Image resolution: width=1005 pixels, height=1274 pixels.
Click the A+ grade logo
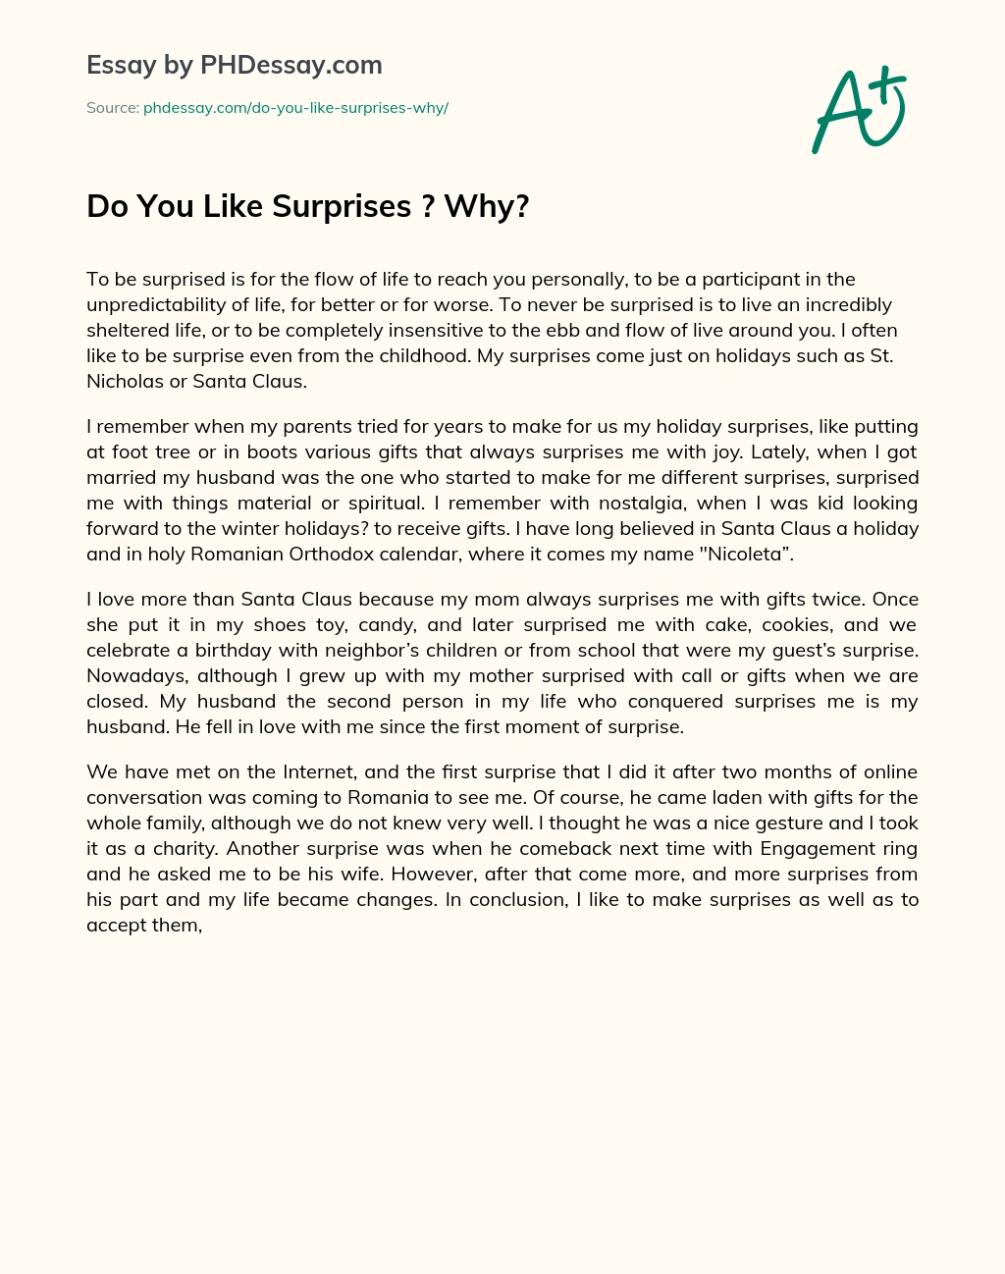[x=859, y=109]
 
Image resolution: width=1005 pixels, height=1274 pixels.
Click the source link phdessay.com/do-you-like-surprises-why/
[x=295, y=108]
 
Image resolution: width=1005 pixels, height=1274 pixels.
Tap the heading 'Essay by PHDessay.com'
[x=234, y=65]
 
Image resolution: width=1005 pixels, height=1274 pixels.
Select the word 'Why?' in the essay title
[x=487, y=206]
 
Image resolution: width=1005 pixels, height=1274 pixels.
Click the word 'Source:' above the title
[x=113, y=108]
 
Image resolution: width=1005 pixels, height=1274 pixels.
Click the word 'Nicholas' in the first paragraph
[x=125, y=381]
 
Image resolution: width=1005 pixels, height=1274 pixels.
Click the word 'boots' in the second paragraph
[x=273, y=451]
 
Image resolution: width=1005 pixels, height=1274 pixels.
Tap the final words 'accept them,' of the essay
[x=144, y=925]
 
